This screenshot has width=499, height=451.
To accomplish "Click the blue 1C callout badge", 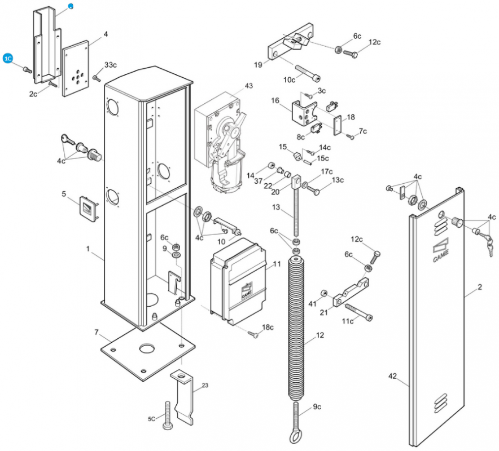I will (x=8, y=59).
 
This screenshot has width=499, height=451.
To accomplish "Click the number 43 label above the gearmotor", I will (x=249, y=86).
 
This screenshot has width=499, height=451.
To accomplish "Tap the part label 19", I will (x=259, y=65).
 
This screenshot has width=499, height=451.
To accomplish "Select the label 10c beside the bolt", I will (x=290, y=80).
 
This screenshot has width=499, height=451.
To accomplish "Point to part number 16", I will (x=275, y=100).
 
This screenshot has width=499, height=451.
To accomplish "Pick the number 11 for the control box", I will (x=277, y=264).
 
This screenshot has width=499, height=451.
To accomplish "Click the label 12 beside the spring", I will (x=320, y=335).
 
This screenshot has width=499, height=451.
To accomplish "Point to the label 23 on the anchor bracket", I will (x=204, y=386).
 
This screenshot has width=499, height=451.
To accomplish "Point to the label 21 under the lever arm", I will (x=324, y=312).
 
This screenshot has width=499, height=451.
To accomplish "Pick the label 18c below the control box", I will (x=268, y=327).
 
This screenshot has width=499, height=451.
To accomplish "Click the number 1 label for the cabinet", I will (x=88, y=248).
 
